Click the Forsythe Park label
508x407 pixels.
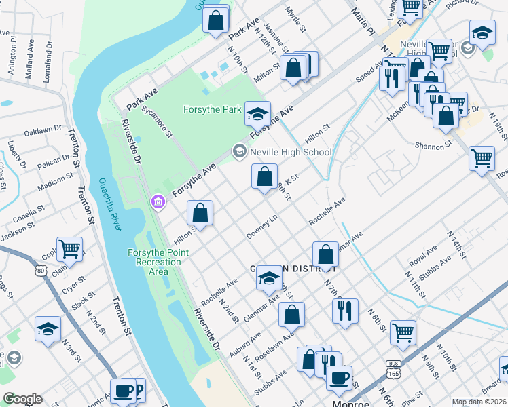(x=213, y=109)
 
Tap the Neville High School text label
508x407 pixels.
(x=290, y=152)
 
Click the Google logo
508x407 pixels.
(x=22, y=399)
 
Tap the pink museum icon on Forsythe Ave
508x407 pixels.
(x=158, y=201)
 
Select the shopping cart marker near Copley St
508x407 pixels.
(x=70, y=249)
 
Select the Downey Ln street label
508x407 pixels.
(x=264, y=223)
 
